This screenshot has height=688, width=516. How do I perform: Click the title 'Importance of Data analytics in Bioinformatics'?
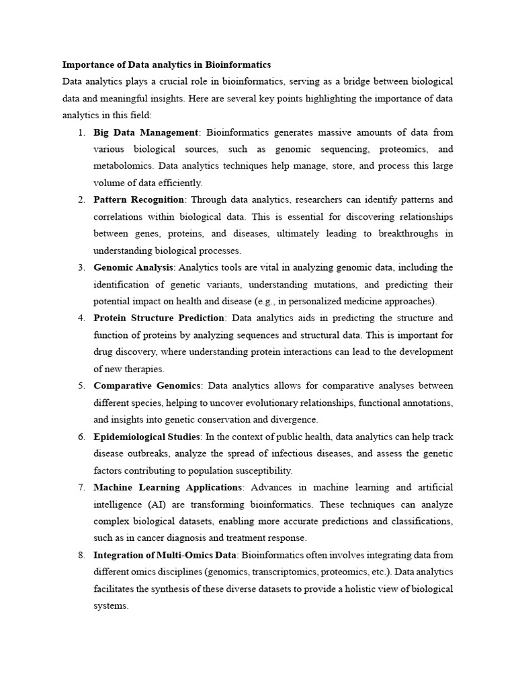coord(167,65)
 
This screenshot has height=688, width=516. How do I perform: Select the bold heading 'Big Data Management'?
coord(146,132)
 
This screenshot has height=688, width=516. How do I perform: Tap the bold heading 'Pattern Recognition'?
coord(138,200)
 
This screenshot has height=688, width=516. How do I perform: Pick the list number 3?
coord(81,267)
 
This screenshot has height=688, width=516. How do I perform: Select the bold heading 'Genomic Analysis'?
coord(133,267)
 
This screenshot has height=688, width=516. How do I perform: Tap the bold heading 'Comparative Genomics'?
coord(147,386)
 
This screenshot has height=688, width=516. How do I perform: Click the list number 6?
coord(81,437)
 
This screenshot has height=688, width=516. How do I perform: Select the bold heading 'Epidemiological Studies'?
coord(147,437)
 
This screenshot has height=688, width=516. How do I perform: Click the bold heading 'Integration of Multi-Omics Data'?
coord(165,555)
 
